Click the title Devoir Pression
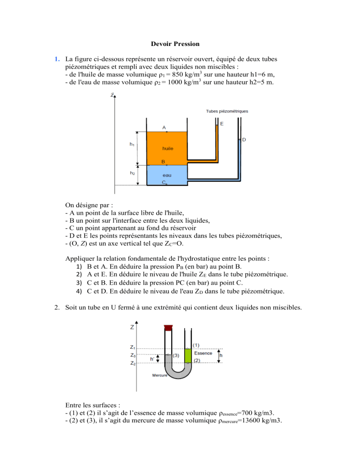pos(176,45)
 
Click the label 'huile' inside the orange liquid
pos(167,148)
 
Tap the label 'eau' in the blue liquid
pos(166,176)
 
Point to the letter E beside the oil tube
pos(222,124)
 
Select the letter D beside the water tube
pos(244,140)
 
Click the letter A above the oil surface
pos(164,127)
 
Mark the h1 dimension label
pos(133,145)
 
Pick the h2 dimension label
pos(133,173)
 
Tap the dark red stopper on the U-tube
pos(168,327)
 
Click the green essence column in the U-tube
pos(188,355)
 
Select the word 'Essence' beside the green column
pos(203,353)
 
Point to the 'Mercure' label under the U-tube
pos(148,376)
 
